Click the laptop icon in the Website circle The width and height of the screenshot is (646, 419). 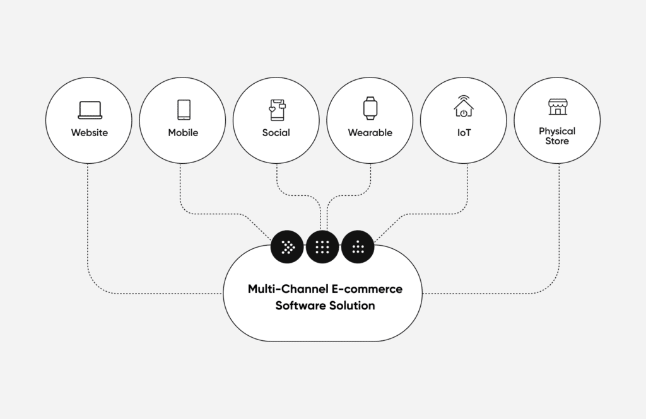pos(90,110)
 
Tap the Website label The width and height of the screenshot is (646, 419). pos(90,133)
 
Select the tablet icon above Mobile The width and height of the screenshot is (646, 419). pos(184,110)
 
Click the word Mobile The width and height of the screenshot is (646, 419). pos(183,133)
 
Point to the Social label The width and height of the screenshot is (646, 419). pos(276,133)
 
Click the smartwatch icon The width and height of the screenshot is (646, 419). pos(370,108)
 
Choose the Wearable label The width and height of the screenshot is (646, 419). pos(370,133)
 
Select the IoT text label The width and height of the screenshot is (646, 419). pos(464,133)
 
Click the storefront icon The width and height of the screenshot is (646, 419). pos(557,106)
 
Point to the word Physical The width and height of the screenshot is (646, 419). pos(557,131)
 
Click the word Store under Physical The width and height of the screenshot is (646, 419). pos(557,141)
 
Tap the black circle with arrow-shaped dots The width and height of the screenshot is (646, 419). pos(287,247)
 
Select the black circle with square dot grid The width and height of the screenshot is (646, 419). pos(322,247)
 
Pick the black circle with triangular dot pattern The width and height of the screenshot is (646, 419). pos(358,247)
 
